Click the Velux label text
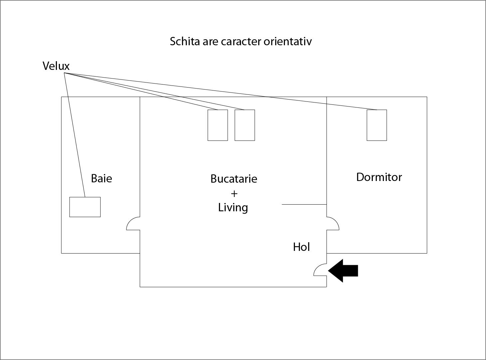(x=56, y=66)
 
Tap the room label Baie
(x=102, y=178)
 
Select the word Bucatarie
(x=234, y=179)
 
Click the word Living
(x=233, y=208)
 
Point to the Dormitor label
(x=379, y=177)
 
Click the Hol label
(x=301, y=247)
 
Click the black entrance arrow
(x=343, y=271)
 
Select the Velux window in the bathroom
(x=85, y=207)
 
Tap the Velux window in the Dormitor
(x=377, y=125)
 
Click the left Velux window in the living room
(x=218, y=125)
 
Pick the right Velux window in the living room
(x=245, y=125)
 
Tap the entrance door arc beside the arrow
(x=320, y=270)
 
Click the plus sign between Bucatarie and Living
(x=234, y=193)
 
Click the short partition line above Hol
(x=304, y=204)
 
